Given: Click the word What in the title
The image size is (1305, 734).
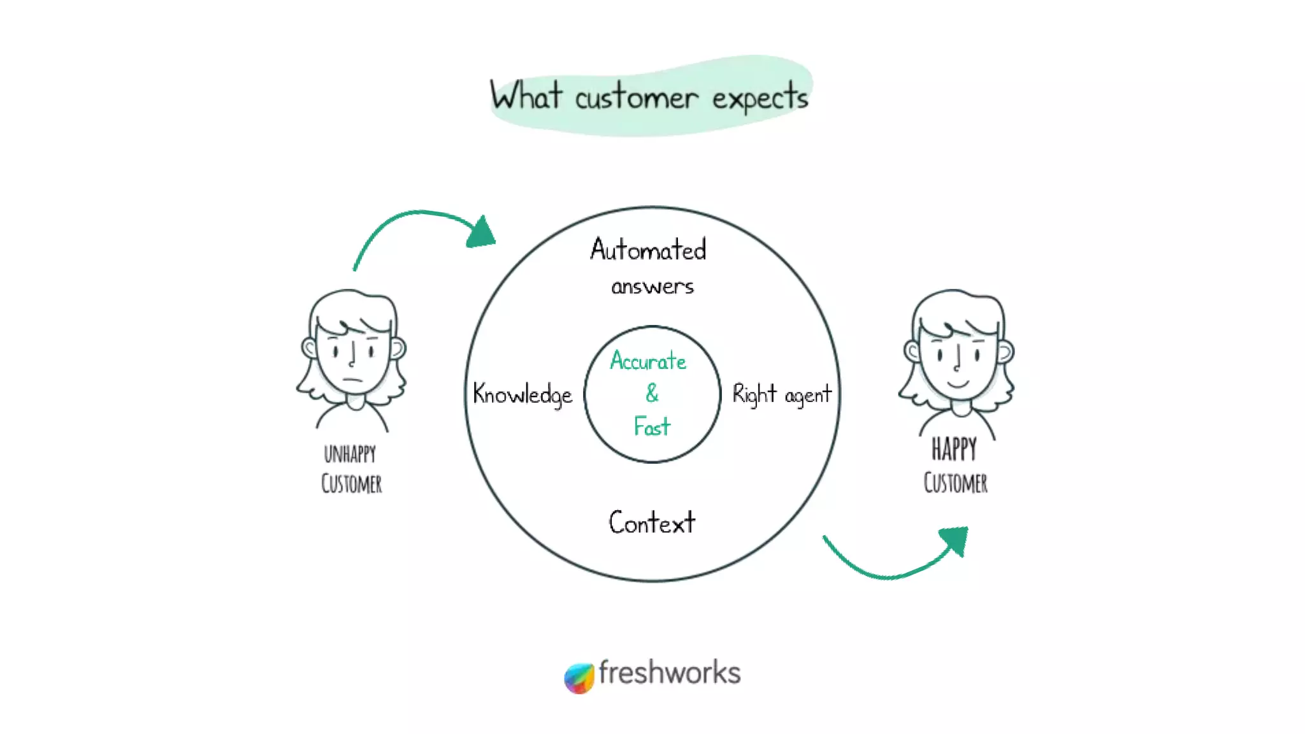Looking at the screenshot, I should [x=526, y=96].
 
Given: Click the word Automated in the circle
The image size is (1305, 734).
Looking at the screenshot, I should [x=648, y=249].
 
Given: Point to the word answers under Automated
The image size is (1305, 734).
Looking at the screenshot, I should [x=652, y=287].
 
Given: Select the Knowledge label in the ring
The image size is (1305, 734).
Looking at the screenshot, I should [x=523, y=394].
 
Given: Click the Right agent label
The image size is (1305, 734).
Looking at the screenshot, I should [x=782, y=394].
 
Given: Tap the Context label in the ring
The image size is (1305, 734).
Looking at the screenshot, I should [x=652, y=522].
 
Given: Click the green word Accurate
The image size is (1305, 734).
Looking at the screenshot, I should [x=648, y=361].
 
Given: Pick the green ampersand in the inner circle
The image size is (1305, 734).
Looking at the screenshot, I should [x=651, y=393].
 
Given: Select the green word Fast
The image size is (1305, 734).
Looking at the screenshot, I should [x=652, y=426].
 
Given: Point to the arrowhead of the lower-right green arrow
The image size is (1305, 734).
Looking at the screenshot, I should [x=955, y=540].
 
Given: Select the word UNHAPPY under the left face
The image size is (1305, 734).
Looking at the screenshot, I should [x=350, y=454].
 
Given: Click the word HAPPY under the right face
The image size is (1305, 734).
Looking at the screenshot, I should [x=954, y=449].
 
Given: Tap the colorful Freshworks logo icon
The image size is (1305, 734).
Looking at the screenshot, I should [x=579, y=677].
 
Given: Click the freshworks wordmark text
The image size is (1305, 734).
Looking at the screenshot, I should [x=669, y=673].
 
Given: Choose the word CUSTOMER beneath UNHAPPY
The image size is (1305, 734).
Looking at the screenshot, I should [x=351, y=484].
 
